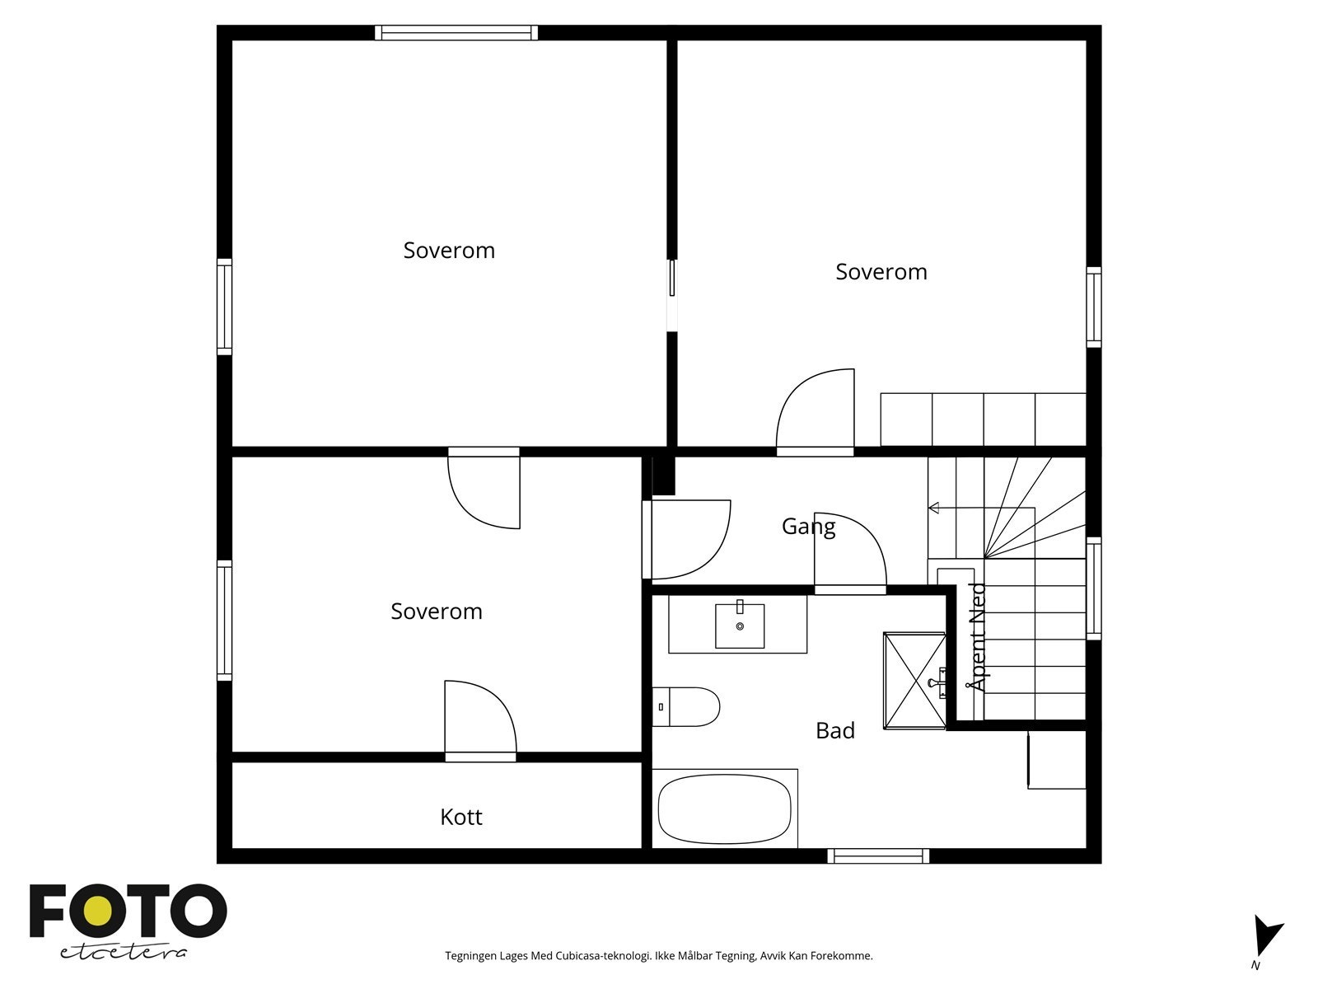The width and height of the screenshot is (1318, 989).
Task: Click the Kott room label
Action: coord(460,817)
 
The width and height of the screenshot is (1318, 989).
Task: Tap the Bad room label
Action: coord(834,730)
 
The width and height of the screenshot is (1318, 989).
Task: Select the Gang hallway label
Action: coord(808,527)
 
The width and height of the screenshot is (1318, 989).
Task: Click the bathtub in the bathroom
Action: coord(724,809)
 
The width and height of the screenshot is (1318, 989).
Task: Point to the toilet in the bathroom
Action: coord(685,707)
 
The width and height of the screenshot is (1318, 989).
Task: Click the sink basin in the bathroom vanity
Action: coord(740,626)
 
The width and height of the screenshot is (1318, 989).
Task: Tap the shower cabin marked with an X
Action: coord(914,681)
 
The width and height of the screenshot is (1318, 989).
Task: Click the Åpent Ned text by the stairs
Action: coord(978,637)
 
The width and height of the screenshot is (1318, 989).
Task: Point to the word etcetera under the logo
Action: coord(123,953)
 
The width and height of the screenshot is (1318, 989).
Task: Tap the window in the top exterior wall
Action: coord(456,32)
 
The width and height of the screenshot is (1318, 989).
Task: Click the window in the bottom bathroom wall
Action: coord(878,855)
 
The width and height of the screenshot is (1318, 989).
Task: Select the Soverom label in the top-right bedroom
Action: coord(881,272)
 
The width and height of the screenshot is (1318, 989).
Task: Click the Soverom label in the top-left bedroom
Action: coord(449,251)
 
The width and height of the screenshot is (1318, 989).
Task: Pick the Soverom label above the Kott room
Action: coord(437,612)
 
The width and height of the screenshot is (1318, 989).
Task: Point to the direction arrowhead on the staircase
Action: coord(933,508)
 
